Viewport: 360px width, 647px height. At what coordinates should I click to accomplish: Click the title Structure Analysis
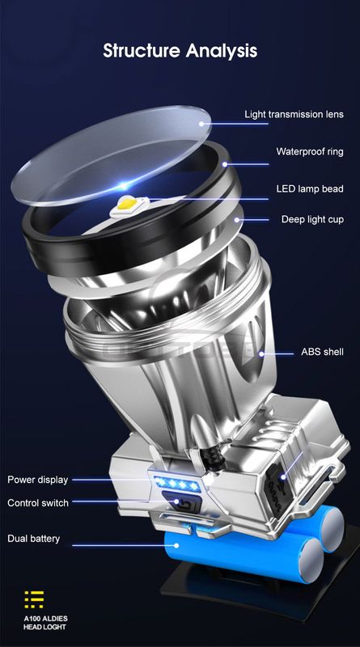(180, 51)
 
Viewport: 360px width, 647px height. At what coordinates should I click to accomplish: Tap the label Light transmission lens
(294, 115)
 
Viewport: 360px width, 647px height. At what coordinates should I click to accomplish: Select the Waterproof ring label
(309, 151)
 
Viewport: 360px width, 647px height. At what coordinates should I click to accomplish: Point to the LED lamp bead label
(309, 189)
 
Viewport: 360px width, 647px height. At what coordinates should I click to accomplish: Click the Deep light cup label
(311, 219)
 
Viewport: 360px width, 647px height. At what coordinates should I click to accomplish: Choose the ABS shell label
(322, 352)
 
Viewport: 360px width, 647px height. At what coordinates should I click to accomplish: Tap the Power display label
(38, 480)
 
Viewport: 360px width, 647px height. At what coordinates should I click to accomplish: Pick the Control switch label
(38, 503)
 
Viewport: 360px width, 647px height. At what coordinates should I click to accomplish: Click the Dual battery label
(34, 539)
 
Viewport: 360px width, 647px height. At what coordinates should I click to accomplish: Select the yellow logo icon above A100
(34, 599)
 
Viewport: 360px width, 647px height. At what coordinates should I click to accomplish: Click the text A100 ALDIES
(46, 616)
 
